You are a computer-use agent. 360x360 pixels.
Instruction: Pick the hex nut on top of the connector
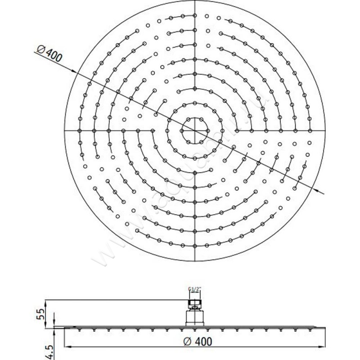click(194, 300)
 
